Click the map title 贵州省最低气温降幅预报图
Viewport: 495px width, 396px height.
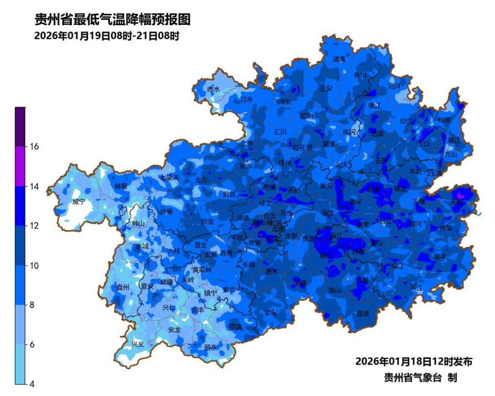112,20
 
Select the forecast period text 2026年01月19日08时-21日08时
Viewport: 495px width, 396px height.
107,36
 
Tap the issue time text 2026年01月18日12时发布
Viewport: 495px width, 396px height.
414,361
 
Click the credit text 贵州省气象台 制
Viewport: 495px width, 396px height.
420,378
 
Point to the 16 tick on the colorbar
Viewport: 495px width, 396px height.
35,146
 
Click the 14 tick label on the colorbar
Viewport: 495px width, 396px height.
35,186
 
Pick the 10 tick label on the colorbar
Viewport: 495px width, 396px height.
35,266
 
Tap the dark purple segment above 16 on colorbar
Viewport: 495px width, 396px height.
20,126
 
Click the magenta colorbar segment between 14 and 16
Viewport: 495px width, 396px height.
20,166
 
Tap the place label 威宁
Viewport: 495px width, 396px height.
79,202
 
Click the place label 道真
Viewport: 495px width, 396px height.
339,59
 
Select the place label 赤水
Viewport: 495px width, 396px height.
213,89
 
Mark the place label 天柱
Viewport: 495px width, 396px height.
457,202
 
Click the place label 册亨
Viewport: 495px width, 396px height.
210,348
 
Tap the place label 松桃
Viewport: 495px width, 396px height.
444,120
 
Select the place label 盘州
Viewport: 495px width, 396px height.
123,287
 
